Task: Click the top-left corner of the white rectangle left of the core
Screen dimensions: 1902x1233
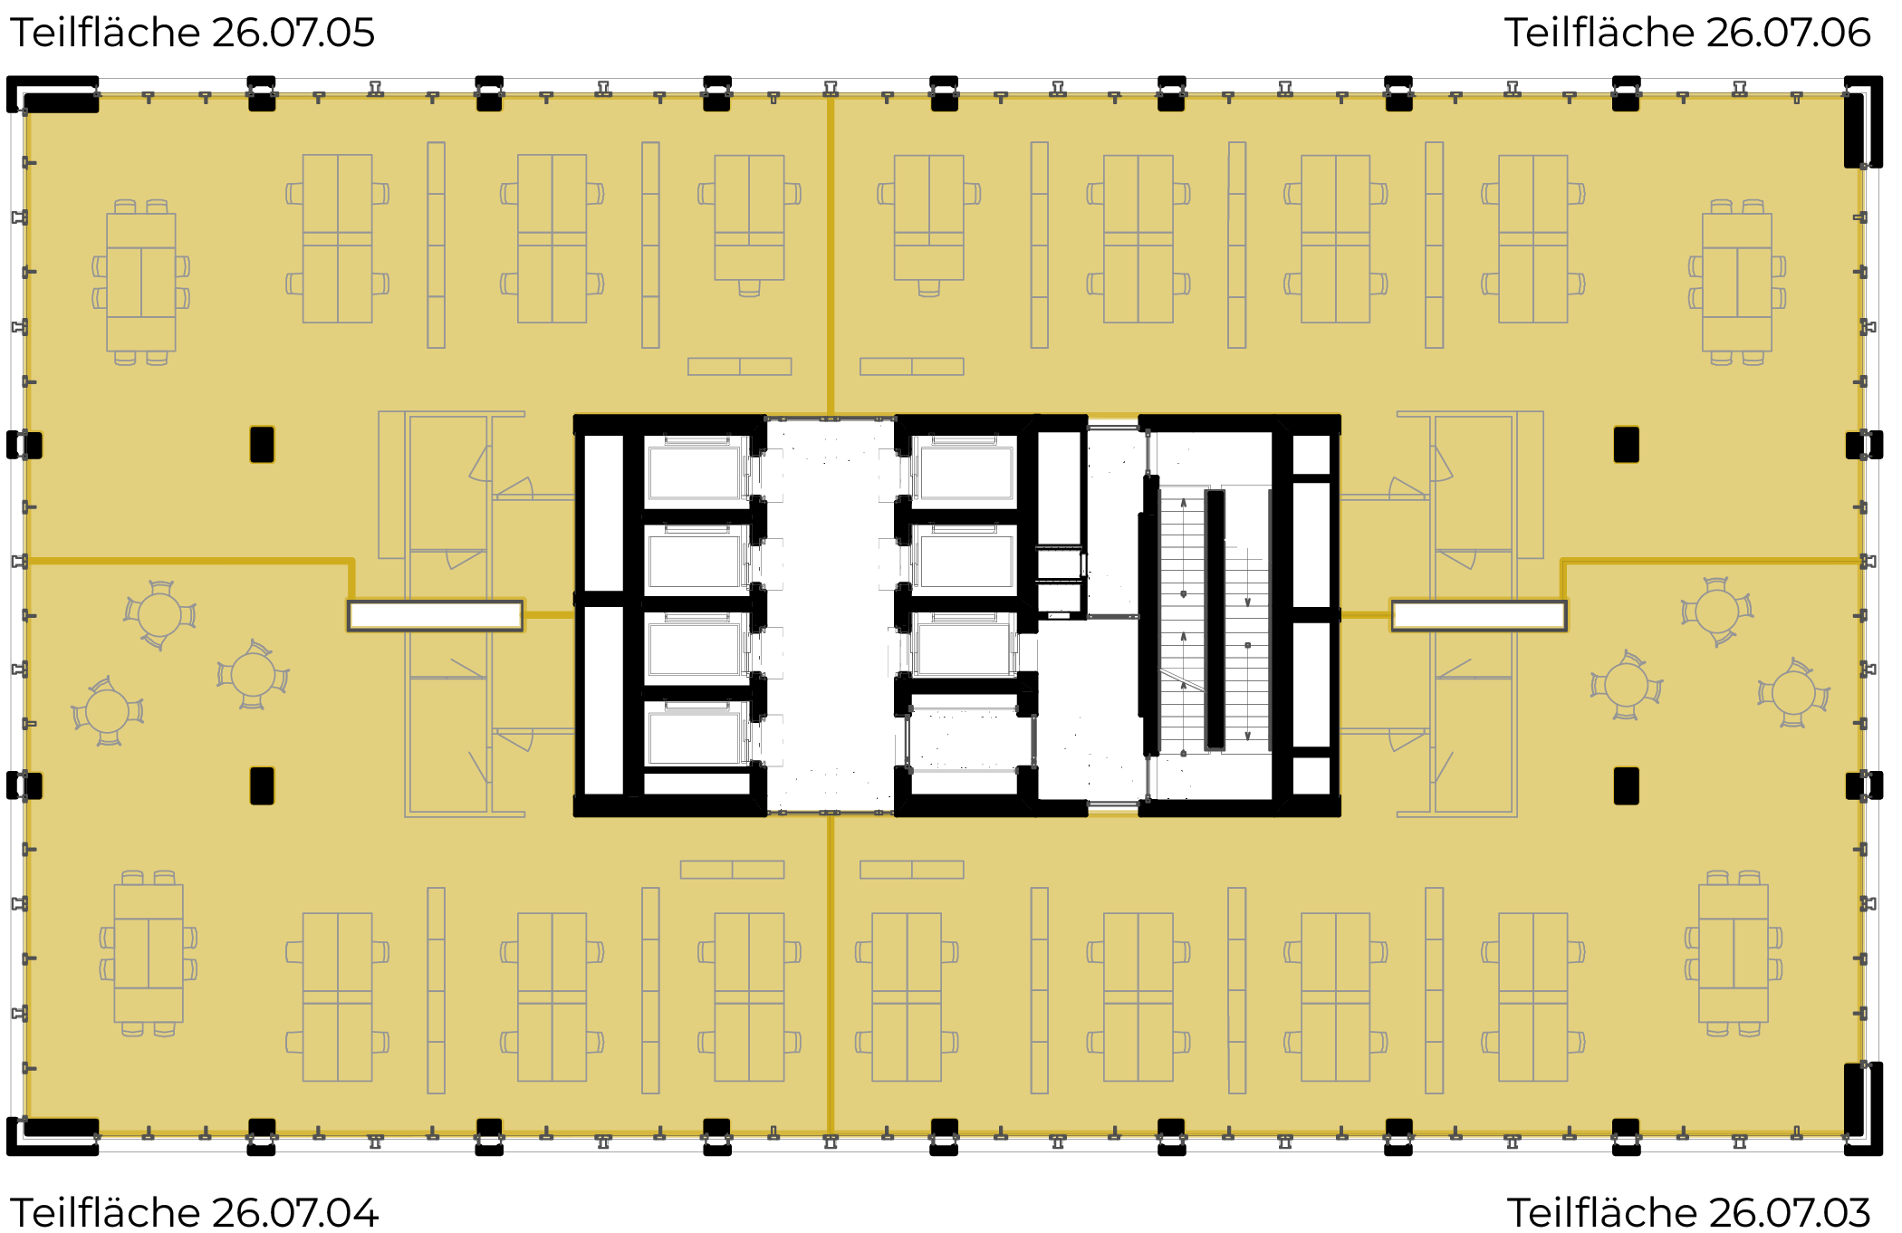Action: (349, 602)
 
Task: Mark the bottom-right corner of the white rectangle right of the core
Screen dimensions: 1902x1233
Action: (1566, 629)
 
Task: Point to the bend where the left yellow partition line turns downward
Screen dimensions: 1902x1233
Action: (351, 562)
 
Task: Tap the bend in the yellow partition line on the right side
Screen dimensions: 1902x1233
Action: (1563, 562)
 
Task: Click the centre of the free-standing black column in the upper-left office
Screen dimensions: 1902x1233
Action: (262, 445)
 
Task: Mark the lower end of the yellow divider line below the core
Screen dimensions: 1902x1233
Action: (830, 1133)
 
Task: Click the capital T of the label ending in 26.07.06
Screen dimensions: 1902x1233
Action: (1517, 33)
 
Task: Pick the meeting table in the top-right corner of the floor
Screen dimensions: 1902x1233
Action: (1737, 282)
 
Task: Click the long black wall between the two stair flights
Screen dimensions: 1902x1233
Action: (1215, 620)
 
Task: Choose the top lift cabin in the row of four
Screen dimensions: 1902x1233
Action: (695, 471)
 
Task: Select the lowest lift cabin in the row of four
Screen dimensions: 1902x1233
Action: (695, 737)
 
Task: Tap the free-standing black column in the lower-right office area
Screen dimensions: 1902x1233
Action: (1626, 785)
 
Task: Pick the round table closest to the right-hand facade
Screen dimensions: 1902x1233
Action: (1793, 694)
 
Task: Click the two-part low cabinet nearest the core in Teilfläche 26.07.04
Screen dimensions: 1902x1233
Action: (732, 870)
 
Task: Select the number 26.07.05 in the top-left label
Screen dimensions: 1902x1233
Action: (293, 33)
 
